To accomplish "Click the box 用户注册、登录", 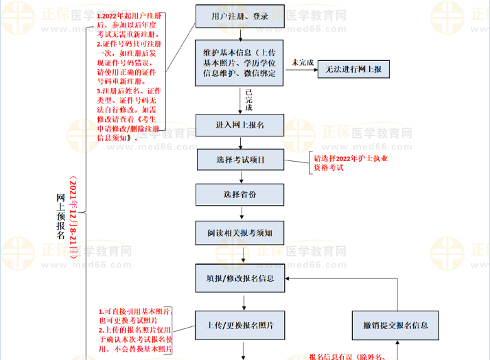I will (x=240, y=16).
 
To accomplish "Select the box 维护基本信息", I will (x=240, y=63).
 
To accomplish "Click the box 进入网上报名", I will (x=240, y=124).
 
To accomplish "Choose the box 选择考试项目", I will (x=240, y=160).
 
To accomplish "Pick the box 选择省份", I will (x=240, y=194).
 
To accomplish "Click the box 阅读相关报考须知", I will (x=240, y=232).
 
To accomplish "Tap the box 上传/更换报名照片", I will (x=240, y=325).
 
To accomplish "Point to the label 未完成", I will (x=303, y=62).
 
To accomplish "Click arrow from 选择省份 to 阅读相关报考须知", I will (x=240, y=213).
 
